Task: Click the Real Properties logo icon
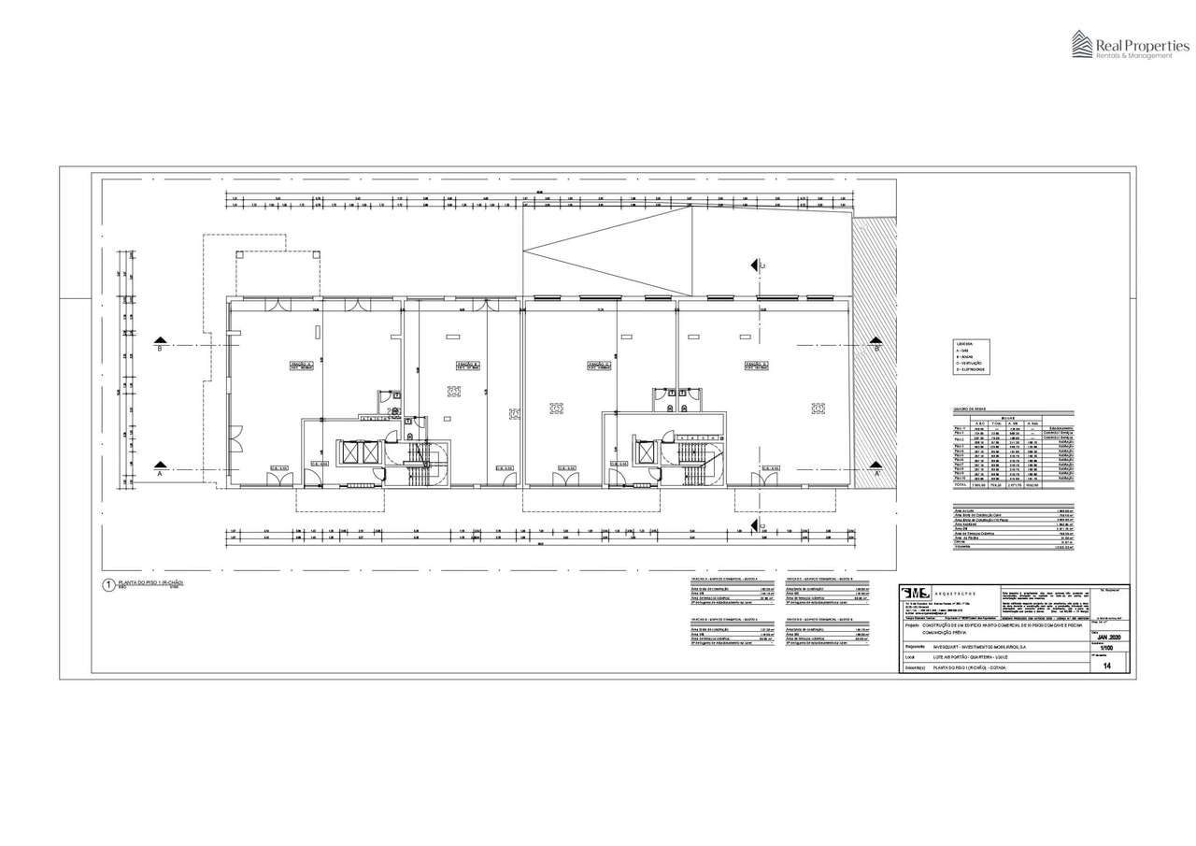click(x=1083, y=44)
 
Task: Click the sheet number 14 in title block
click(x=1106, y=667)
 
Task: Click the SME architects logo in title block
click(x=916, y=594)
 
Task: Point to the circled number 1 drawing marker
click(x=108, y=586)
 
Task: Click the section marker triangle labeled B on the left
click(x=161, y=340)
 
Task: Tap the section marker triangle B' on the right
click(x=876, y=340)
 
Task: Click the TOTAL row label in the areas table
click(x=960, y=485)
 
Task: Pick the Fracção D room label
click(x=755, y=365)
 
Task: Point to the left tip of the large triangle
click(x=524, y=250)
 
